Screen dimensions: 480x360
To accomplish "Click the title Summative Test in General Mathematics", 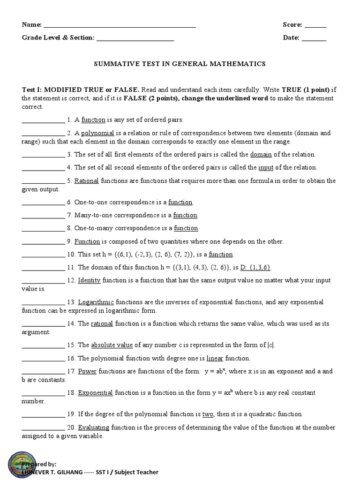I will coord(180,64).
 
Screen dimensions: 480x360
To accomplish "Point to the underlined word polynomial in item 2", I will coord(97,133).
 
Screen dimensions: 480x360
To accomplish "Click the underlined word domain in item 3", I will coord(261,154).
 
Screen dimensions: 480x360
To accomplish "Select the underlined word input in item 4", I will coord(266,167).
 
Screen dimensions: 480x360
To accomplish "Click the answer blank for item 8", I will coord(43,228).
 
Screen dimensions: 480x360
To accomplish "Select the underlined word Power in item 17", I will coord(87,371).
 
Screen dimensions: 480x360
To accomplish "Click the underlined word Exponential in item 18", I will coord(95,393).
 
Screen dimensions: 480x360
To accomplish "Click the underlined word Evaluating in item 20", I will coord(94,427).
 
